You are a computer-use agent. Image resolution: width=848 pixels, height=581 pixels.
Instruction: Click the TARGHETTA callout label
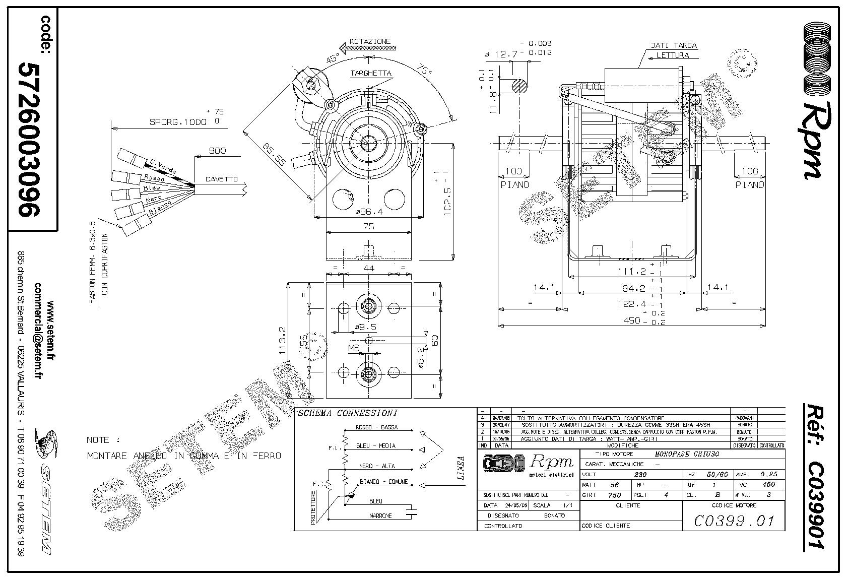tap(371, 73)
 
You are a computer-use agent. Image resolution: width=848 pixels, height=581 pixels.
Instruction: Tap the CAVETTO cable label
tap(221, 179)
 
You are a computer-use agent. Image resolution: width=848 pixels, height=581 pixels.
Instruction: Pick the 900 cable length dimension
tap(217, 151)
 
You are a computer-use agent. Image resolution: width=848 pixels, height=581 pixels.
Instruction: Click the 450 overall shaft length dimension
tap(631, 320)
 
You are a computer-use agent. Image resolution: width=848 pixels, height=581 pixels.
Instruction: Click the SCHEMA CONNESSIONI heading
tap(348, 413)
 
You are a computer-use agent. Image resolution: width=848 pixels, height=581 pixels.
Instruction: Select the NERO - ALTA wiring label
tap(377, 466)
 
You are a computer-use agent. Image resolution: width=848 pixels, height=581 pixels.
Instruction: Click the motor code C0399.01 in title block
tap(733, 521)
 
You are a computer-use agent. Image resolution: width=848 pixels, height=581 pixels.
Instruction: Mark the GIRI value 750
tap(614, 495)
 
